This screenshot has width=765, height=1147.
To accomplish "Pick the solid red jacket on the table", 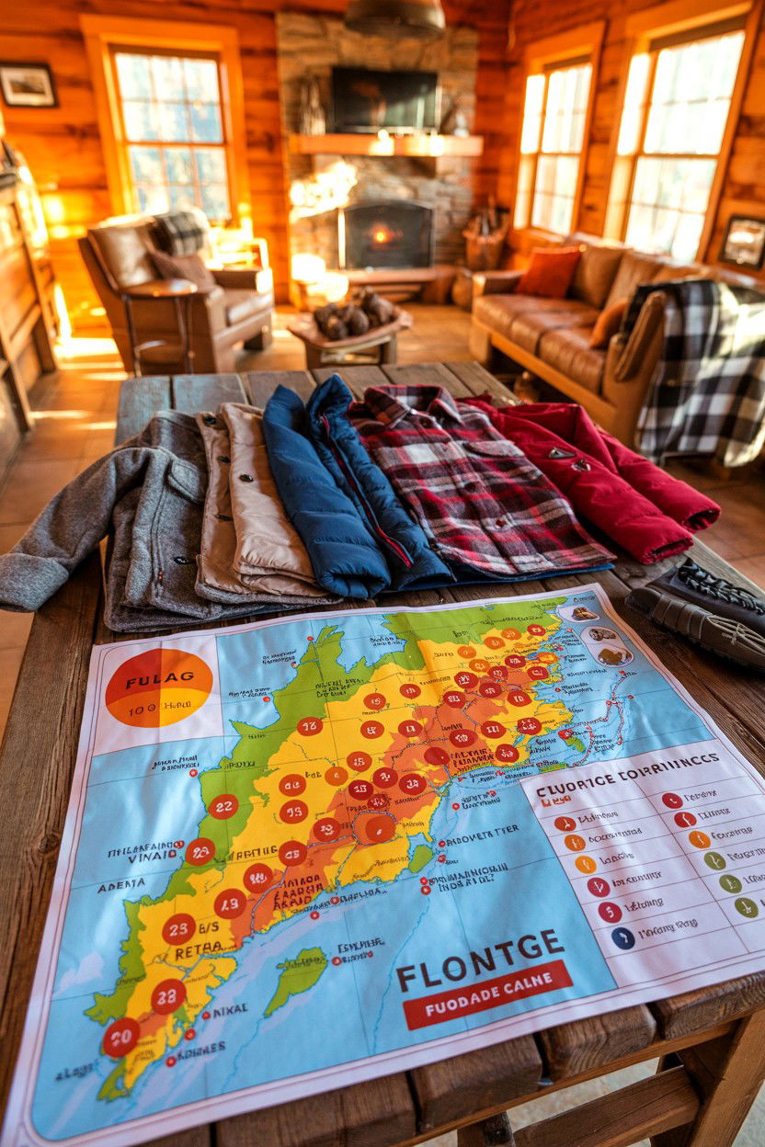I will pos(607,478).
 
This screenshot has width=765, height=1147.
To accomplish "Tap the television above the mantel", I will pos(384,99).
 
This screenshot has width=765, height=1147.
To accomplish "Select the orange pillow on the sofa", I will pos(549,272).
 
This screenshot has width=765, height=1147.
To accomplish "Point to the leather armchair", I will pos(175,285).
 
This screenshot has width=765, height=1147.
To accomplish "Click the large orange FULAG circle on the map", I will pos(158,687).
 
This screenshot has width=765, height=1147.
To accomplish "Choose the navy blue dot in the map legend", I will pos(622,937).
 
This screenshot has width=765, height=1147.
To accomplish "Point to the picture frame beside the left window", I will pos(27,85).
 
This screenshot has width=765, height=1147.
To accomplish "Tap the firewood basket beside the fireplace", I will pos(484,244).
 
